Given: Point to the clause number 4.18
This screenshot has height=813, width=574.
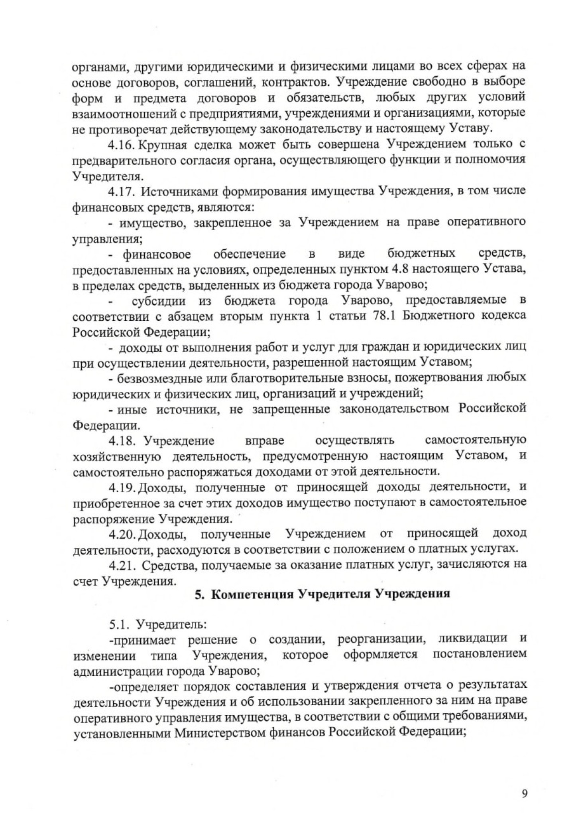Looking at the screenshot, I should pyautogui.click(x=122, y=440).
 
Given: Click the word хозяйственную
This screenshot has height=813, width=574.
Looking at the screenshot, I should pyautogui.click(x=116, y=456).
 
